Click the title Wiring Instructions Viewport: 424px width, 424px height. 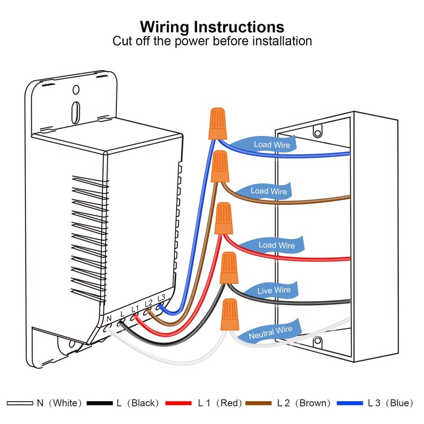212,27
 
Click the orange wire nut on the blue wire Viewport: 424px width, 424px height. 216,122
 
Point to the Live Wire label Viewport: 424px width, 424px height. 274,290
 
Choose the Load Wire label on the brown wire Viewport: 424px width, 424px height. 268,191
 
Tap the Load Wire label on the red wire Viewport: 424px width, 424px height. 276,245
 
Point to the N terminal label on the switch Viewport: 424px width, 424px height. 109,318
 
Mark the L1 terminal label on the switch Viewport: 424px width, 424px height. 135,308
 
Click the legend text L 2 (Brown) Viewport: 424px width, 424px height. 304,403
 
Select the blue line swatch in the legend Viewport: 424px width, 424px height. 350,403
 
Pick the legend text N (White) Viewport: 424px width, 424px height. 59,403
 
